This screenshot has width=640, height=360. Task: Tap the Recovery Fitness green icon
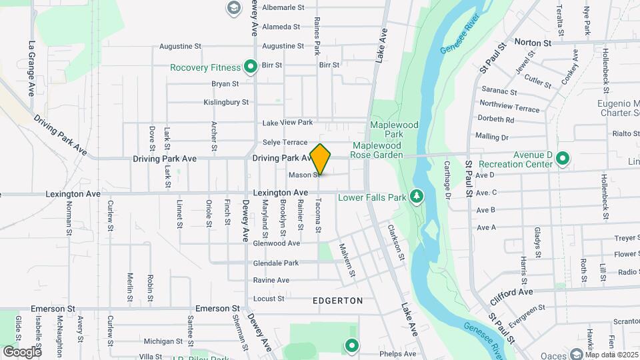[x=251, y=67]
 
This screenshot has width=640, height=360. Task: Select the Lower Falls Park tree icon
[x=417, y=197]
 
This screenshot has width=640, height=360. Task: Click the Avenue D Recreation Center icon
[x=563, y=159]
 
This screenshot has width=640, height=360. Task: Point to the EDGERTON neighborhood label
[x=338, y=301]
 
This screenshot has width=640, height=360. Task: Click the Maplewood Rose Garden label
[x=378, y=150]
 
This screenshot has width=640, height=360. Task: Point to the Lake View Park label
[x=287, y=123]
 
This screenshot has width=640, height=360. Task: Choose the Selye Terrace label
[x=285, y=142]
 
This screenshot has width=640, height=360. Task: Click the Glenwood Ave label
[x=276, y=243]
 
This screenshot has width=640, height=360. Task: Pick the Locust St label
[x=269, y=299]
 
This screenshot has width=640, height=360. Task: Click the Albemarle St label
[x=283, y=7]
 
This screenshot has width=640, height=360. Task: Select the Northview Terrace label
[x=509, y=108]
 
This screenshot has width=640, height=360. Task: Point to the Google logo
[x=22, y=351]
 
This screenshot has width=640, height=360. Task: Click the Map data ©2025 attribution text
[x=612, y=355]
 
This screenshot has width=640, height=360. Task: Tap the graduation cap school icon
[x=233, y=7]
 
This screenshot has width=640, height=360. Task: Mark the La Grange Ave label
[x=31, y=69]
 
